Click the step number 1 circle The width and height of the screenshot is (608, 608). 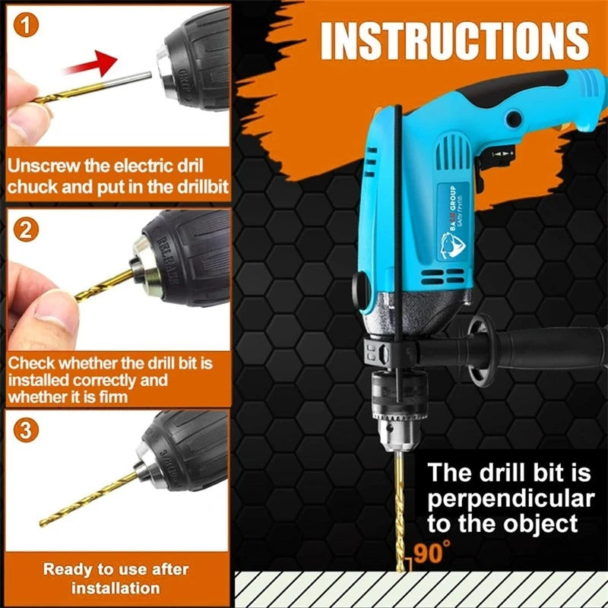tap(28, 28)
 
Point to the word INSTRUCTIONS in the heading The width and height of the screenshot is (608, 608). tap(454, 42)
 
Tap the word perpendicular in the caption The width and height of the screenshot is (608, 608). tap(510, 499)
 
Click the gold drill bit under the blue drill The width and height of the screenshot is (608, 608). tap(395, 517)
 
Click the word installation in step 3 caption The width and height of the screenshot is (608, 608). tap(116, 588)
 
